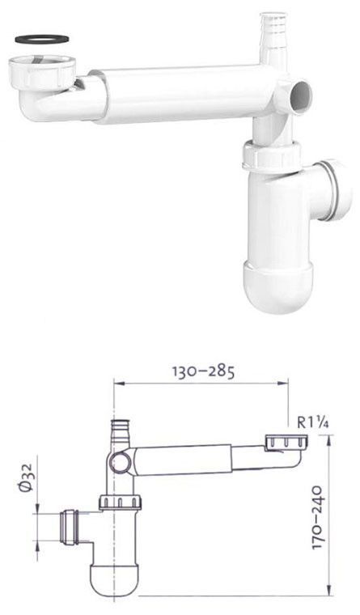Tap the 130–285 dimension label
click(204, 371)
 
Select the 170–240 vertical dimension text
click(317, 518)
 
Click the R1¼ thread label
click(313, 422)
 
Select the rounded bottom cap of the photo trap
click(278, 286)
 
